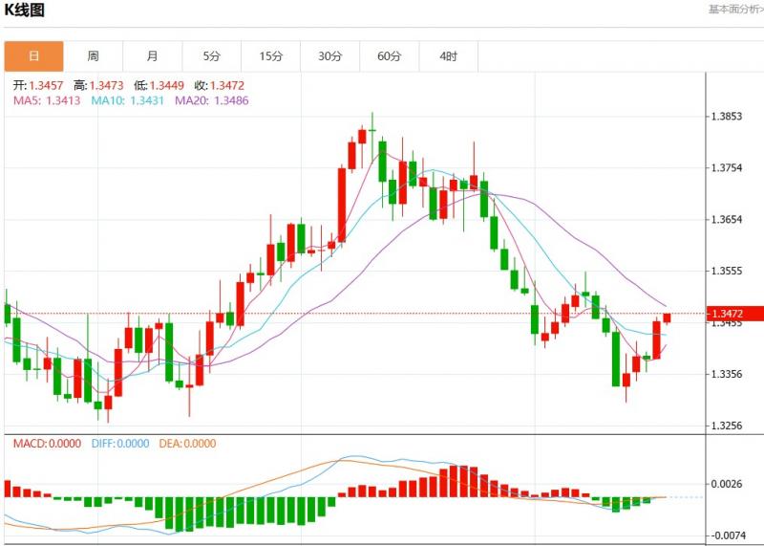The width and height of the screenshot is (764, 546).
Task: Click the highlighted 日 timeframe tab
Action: [x=34, y=56]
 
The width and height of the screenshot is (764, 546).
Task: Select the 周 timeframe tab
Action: [x=93, y=56]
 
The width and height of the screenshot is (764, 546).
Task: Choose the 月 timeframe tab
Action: [x=153, y=56]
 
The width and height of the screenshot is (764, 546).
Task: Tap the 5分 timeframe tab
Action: [x=211, y=56]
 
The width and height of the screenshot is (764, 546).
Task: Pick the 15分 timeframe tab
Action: [x=271, y=56]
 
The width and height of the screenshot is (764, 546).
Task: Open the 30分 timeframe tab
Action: [x=330, y=56]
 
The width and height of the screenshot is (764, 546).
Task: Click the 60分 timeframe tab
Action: [x=390, y=56]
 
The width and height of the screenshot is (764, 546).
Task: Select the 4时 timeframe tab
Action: [x=449, y=56]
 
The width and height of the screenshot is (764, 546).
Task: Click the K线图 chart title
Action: [x=25, y=11]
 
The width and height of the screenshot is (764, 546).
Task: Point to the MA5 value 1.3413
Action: [x=63, y=99]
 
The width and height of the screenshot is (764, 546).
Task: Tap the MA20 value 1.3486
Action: [x=231, y=99]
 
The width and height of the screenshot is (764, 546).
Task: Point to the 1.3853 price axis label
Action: [x=728, y=117]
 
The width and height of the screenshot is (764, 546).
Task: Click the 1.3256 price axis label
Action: [x=728, y=425]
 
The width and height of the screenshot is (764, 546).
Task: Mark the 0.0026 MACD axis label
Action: [x=728, y=484]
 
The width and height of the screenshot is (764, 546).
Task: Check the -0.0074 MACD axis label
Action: [x=728, y=535]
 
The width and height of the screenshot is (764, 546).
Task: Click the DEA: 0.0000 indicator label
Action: [x=187, y=444]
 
